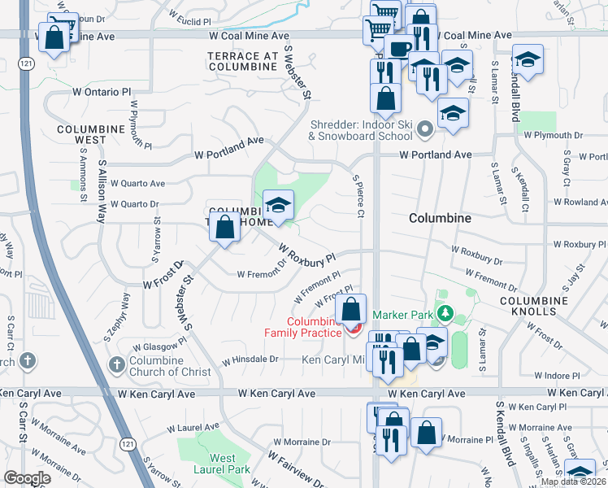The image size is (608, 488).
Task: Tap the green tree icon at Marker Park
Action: coord(444,313)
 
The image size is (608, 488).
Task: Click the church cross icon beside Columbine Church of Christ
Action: coord(118,361)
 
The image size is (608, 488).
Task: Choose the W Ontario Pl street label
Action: coord(102,93)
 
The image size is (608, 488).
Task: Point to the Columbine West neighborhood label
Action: coord(90,134)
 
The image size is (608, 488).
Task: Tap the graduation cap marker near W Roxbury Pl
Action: coord(277,205)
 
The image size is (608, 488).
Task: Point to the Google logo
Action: coord(27,478)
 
